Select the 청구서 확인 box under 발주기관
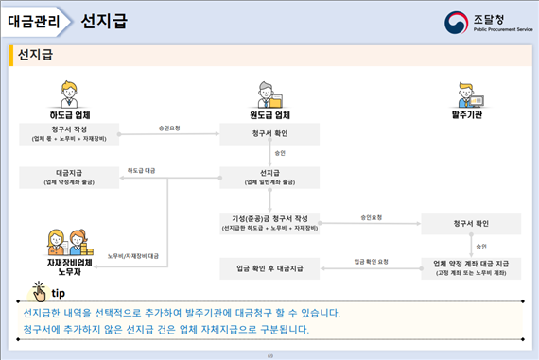pos(471,223)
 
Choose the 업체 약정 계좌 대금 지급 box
pos(471,267)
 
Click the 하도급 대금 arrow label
pos(142,170)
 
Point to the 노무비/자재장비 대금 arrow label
pos(133,255)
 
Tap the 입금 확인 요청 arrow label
pos(371,261)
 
